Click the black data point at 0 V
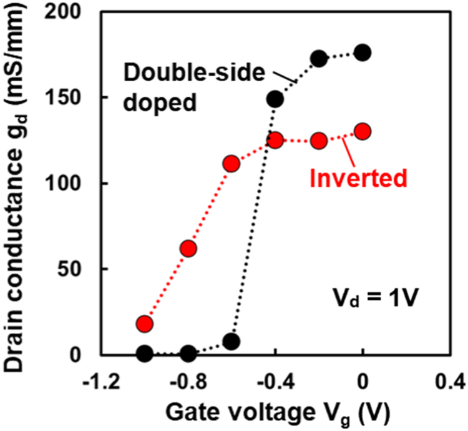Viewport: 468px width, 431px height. (363, 52)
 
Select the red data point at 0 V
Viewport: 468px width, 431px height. (363, 131)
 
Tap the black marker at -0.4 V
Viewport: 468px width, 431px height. (275, 99)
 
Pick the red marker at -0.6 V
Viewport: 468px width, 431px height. (232, 164)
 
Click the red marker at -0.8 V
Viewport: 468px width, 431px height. (188, 249)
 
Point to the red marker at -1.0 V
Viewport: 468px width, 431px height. (145, 324)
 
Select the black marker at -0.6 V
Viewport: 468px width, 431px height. (232, 342)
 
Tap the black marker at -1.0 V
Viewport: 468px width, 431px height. (145, 354)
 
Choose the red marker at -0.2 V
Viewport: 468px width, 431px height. (319, 141)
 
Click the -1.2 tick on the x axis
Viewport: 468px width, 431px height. (100, 380)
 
